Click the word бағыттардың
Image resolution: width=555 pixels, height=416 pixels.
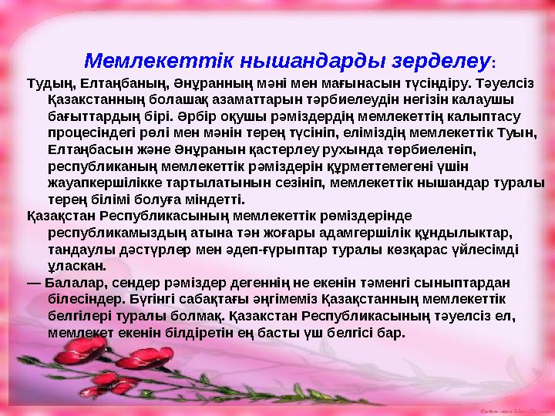pos(85,116)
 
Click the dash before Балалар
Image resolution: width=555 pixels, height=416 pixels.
pos(33,283)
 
